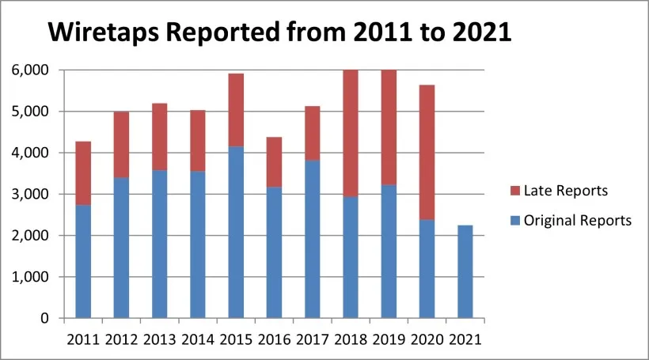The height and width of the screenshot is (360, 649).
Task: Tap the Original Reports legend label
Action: tap(577, 221)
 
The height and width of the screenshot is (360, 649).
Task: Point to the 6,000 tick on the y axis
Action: tap(30, 70)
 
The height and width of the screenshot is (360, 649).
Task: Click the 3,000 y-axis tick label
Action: tap(30, 195)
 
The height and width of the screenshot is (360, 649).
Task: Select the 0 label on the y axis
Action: tap(44, 319)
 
